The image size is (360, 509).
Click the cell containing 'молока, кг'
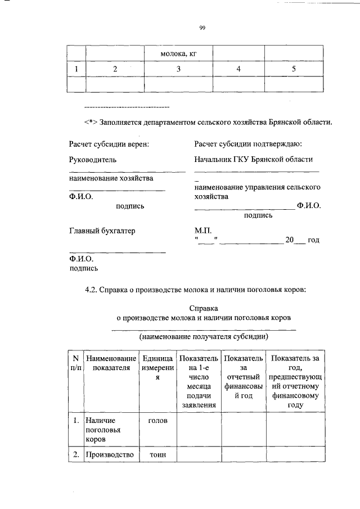178,54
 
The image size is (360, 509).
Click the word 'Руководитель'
93,160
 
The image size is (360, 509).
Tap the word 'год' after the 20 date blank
313,240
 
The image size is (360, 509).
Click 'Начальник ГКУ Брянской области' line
253,160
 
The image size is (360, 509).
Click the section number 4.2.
92,290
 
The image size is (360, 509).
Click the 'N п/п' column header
75,363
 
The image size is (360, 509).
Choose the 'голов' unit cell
157,420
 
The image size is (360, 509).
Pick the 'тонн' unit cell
157,455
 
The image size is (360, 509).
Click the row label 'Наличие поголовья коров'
100,429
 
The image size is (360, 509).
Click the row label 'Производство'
109,455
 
